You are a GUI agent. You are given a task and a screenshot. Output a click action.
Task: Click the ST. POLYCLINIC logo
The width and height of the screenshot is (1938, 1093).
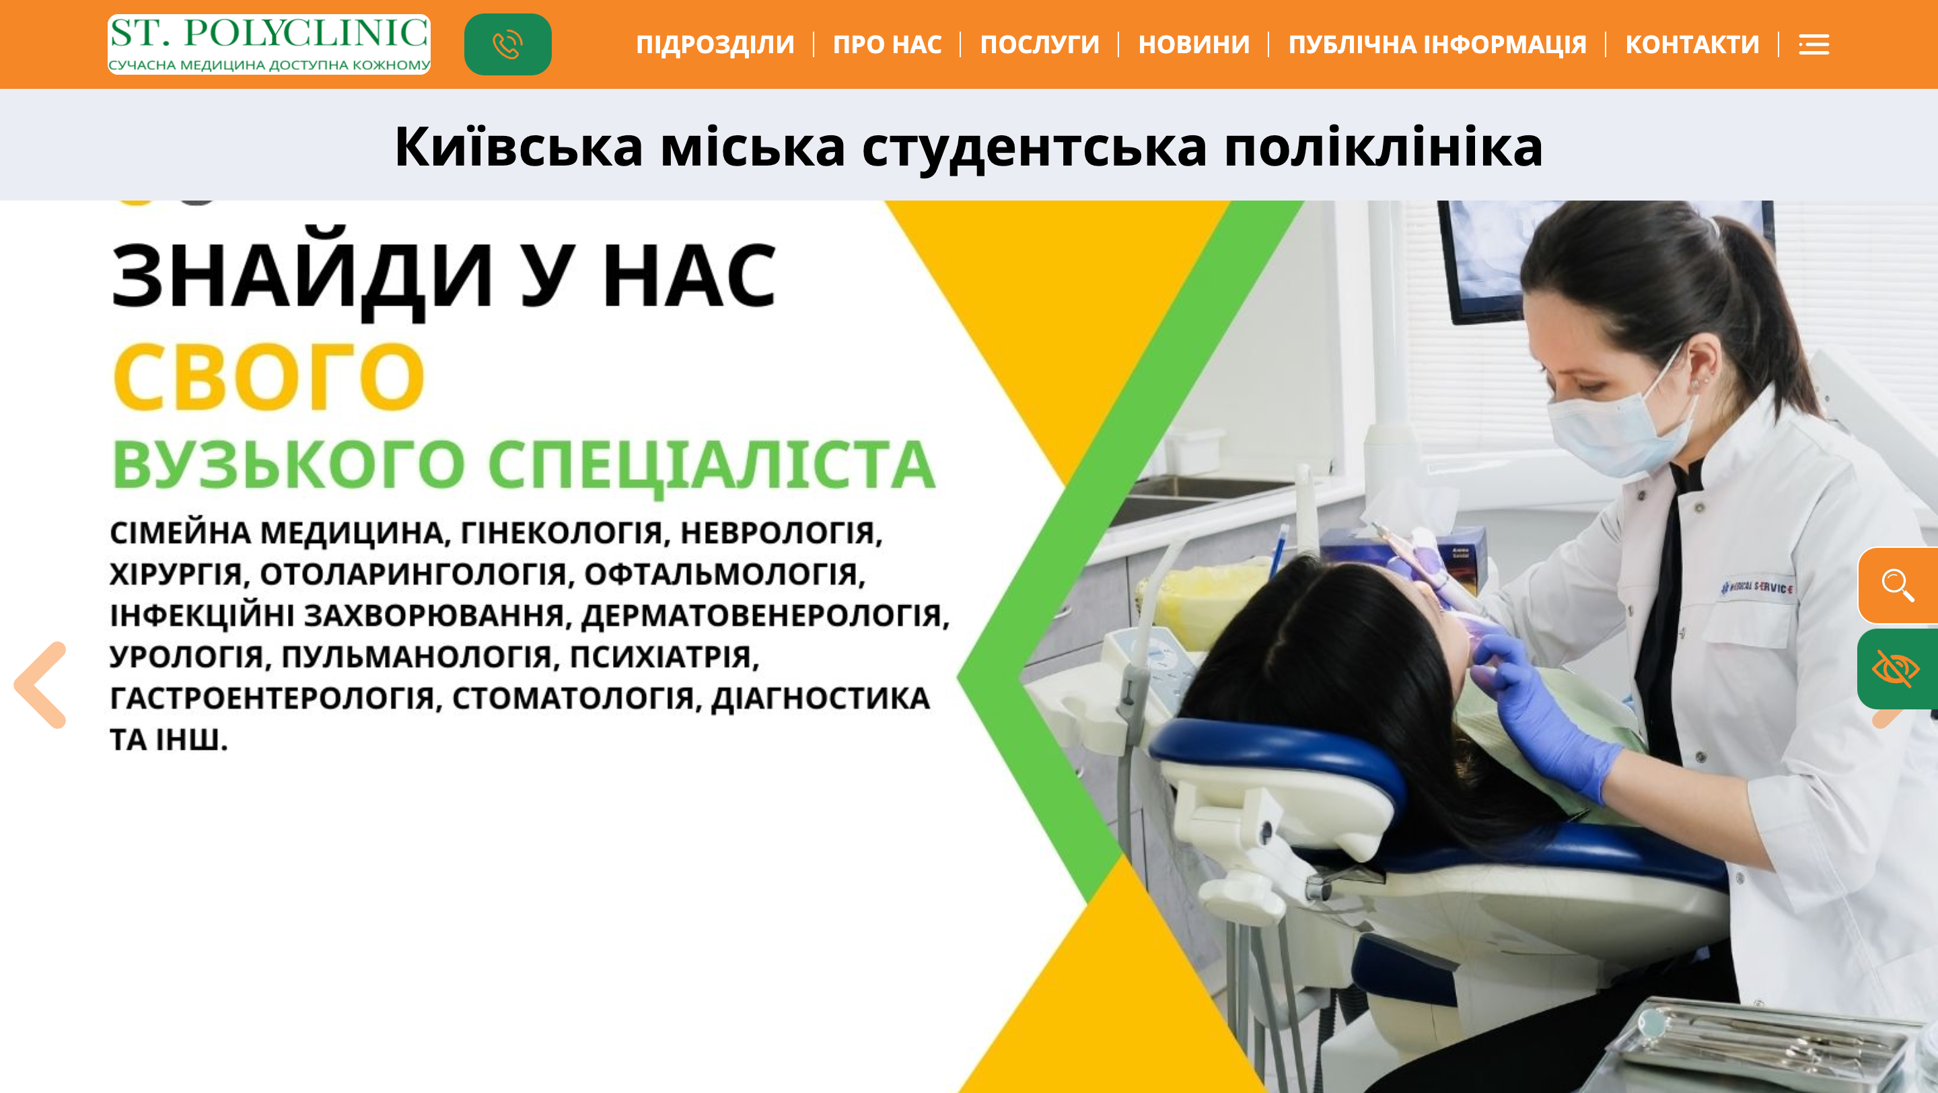(268, 44)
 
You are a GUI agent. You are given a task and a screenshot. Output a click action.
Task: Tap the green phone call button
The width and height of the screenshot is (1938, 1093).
(508, 44)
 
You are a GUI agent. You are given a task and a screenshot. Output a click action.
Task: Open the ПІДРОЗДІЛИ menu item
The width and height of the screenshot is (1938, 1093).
(715, 44)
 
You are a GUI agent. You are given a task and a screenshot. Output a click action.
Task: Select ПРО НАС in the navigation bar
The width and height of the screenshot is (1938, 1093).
(887, 44)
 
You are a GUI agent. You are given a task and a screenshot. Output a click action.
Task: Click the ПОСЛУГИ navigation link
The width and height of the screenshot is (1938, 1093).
(1040, 44)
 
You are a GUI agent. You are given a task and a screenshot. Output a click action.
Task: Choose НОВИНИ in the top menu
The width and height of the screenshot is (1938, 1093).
(1194, 44)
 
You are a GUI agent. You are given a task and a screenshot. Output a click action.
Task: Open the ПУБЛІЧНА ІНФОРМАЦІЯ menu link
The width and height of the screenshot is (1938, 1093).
(1437, 44)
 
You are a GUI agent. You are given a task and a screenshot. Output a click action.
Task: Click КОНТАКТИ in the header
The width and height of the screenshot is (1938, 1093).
(1692, 44)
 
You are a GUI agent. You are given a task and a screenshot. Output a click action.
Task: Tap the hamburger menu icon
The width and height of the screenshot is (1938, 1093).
(1814, 45)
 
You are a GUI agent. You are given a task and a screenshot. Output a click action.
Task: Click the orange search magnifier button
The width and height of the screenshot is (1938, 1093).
(1898, 586)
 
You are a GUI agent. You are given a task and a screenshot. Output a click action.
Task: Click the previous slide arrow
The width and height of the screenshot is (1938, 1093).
(40, 684)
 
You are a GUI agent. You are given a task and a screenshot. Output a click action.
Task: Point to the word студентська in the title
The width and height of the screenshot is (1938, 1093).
(1034, 147)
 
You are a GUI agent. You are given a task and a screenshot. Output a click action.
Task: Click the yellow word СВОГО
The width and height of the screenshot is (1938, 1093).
(269, 376)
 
